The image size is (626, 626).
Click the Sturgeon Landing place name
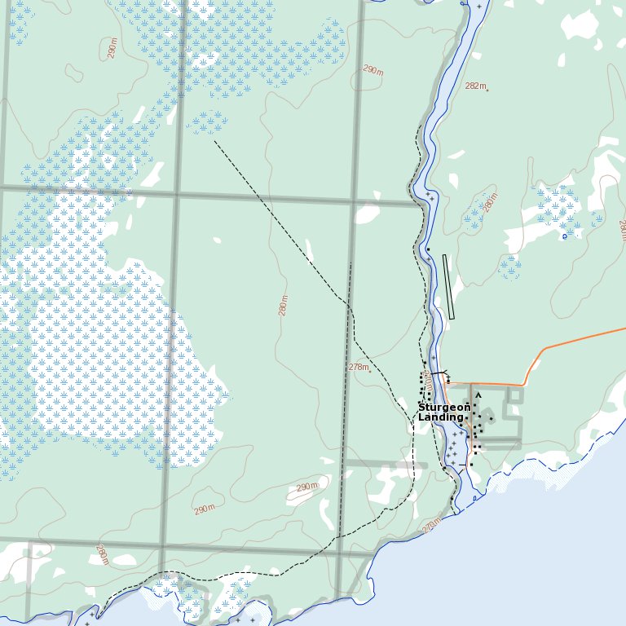coord(443,412)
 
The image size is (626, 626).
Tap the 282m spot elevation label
coord(474,86)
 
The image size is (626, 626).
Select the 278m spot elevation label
coord(359,367)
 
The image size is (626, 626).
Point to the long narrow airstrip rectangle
coord(447,286)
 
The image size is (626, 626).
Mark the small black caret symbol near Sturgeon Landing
coord(478,395)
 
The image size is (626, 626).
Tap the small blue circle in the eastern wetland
coord(564,236)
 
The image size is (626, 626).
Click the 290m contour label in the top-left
coord(112,48)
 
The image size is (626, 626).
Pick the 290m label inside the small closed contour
coord(306,487)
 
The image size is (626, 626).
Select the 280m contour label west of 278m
coord(284,306)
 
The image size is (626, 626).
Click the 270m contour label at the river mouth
coord(432,524)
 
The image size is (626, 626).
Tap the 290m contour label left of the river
coord(373,71)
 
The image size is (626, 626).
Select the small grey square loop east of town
coord(514,395)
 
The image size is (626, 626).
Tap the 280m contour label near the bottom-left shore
coord(102,554)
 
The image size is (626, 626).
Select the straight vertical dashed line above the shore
coord(346,408)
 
